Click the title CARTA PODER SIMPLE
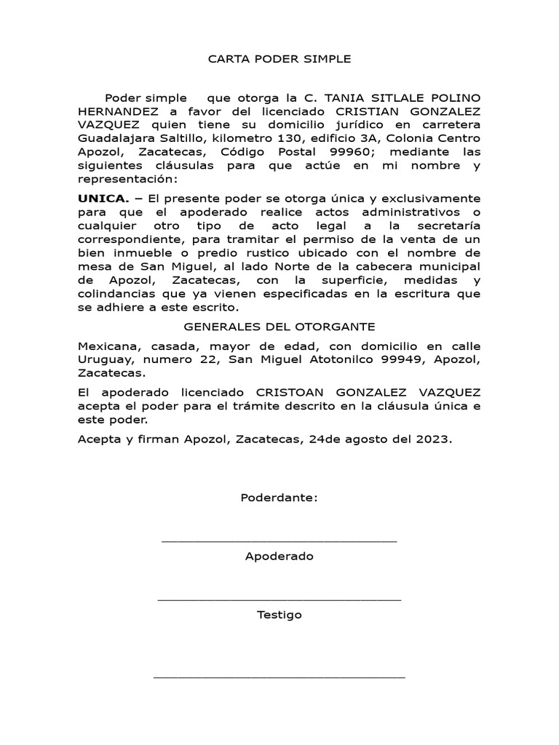click(x=279, y=59)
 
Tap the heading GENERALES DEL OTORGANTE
click(x=279, y=327)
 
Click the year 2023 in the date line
click(x=434, y=439)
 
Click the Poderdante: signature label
click(x=279, y=498)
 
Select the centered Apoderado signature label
click(x=279, y=557)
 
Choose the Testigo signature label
click(x=279, y=615)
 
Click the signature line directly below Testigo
click(x=279, y=677)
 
